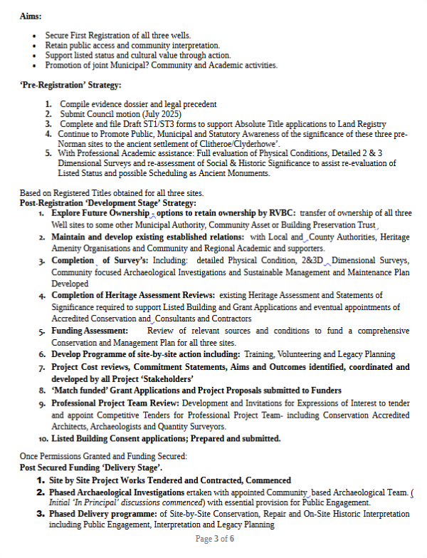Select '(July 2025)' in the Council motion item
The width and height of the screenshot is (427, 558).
[x=160, y=114]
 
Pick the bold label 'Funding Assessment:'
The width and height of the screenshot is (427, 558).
[x=90, y=331]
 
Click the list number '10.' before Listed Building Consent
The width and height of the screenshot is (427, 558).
[x=43, y=439]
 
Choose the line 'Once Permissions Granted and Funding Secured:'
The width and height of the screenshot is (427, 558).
[x=102, y=456]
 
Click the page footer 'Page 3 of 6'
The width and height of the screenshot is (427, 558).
[x=214, y=539]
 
